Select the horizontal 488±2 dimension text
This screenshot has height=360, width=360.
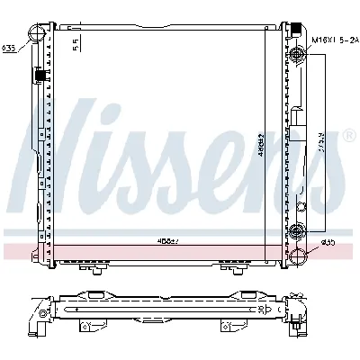(x=166, y=240)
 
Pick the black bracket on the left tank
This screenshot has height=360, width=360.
(x=38, y=76)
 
